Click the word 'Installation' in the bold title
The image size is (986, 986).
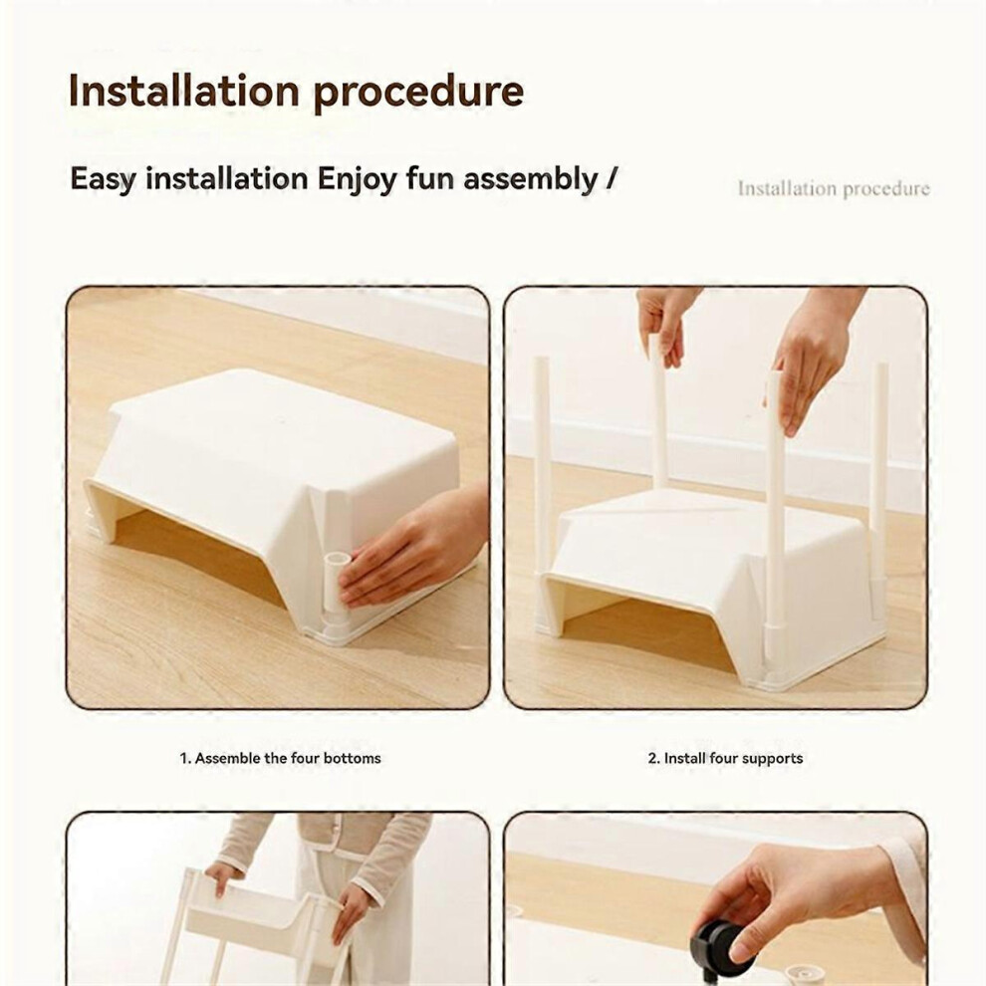(183, 91)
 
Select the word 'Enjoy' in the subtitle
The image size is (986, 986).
(357, 180)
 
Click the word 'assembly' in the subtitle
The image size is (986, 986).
(530, 180)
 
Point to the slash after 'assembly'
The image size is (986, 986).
(611, 178)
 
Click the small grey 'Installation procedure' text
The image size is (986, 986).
(834, 188)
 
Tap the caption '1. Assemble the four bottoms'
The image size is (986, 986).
(281, 758)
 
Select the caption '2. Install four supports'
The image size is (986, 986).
(725, 758)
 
